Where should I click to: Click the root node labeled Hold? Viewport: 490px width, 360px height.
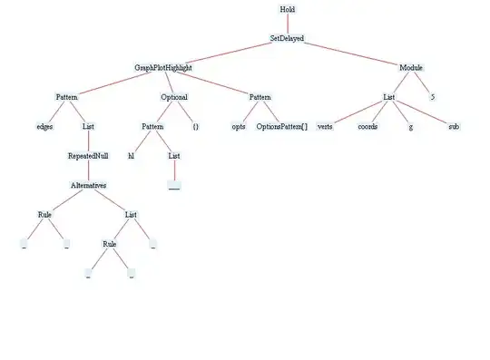pyautogui.click(x=287, y=9)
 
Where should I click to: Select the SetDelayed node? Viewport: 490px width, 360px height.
pyautogui.click(x=287, y=39)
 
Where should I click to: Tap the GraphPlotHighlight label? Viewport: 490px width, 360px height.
pyautogui.click(x=163, y=68)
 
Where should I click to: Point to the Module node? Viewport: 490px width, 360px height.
pyautogui.click(x=411, y=68)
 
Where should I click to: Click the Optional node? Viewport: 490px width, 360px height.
pyautogui.click(x=174, y=97)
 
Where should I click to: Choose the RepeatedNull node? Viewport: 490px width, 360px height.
pyautogui.click(x=88, y=156)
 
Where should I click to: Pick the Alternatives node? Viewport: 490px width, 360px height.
pyautogui.click(x=88, y=185)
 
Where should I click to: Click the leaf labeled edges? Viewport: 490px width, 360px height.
pyautogui.click(x=44, y=127)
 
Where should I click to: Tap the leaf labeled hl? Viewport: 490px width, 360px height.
pyautogui.click(x=131, y=156)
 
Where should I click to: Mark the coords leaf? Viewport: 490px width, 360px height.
pyautogui.click(x=367, y=127)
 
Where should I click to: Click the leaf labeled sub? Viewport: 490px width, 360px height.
pyautogui.click(x=454, y=127)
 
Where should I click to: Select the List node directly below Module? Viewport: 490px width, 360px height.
pyautogui.click(x=388, y=97)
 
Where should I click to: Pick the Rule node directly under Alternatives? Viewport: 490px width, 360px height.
pyautogui.click(x=44, y=214)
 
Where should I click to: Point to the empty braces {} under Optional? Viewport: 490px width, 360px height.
pyautogui.click(x=195, y=127)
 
